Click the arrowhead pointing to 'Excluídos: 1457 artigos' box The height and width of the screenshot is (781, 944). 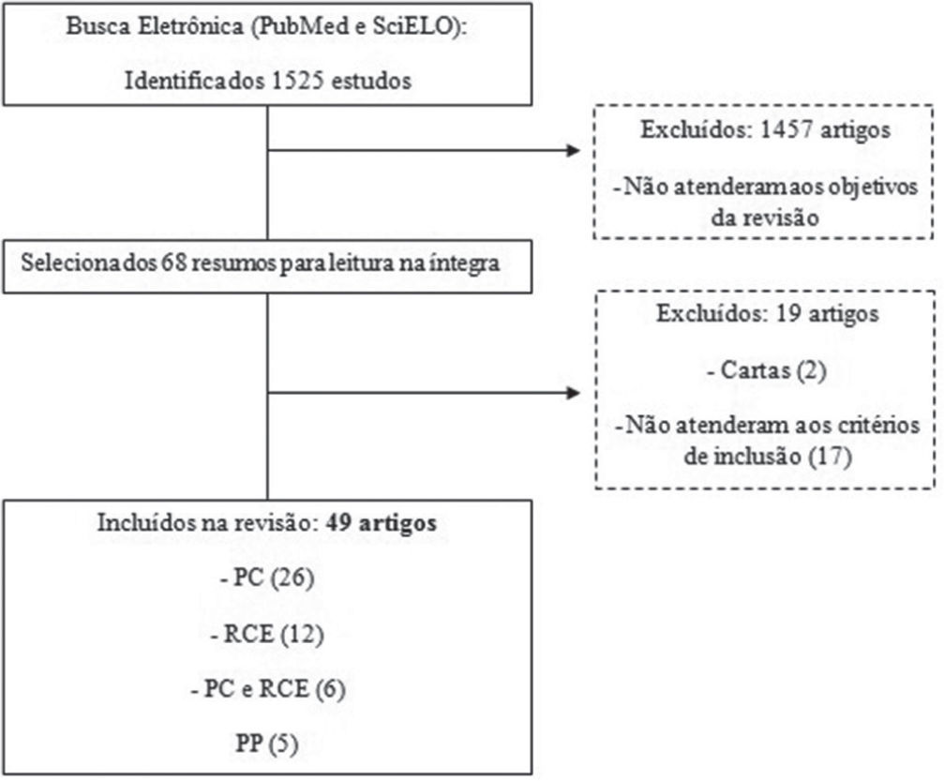572,150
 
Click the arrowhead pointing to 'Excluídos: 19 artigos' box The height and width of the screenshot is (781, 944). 572,391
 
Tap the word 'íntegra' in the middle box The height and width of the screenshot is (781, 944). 468,263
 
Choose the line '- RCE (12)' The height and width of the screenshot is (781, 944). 266,635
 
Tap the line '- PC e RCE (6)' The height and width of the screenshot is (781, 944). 266,691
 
